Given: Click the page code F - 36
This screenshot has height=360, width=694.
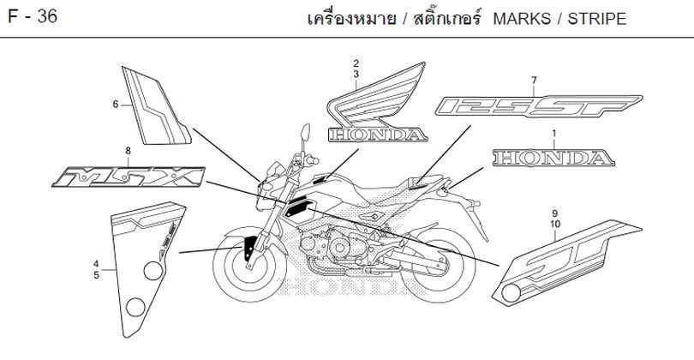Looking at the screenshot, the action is point(33,17).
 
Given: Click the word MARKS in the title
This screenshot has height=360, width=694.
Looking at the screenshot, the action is point(522,19).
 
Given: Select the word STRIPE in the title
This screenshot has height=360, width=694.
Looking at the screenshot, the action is point(597,19).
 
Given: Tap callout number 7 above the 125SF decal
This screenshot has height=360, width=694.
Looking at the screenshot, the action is point(535,81).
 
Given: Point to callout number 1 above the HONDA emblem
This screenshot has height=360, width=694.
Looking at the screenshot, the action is point(553,133).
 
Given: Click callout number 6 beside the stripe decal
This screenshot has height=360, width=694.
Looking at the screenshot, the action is point(116,105).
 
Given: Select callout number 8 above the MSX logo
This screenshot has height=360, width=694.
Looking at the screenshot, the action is point(128,151).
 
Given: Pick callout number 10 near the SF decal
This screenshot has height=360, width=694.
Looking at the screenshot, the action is point(555,224).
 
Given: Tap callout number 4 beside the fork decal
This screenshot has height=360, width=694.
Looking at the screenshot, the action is point(97,264).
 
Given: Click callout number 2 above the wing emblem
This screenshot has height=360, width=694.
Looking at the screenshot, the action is point(356,63).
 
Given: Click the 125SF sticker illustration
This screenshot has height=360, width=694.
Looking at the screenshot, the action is point(538,105).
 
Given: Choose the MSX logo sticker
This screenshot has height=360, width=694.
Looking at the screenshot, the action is point(129,177).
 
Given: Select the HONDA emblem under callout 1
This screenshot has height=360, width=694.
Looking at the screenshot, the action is point(553,158).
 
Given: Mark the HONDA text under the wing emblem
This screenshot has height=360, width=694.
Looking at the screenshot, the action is point(378,135).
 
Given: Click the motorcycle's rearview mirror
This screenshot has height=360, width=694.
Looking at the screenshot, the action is point(305,132).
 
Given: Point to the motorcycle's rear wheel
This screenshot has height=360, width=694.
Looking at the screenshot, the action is point(438,266).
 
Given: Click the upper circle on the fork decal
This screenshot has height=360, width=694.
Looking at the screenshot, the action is point(153,271).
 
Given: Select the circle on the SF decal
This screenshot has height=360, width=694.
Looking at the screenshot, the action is point(512,293).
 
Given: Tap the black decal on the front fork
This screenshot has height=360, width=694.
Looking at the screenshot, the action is point(250,248).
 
